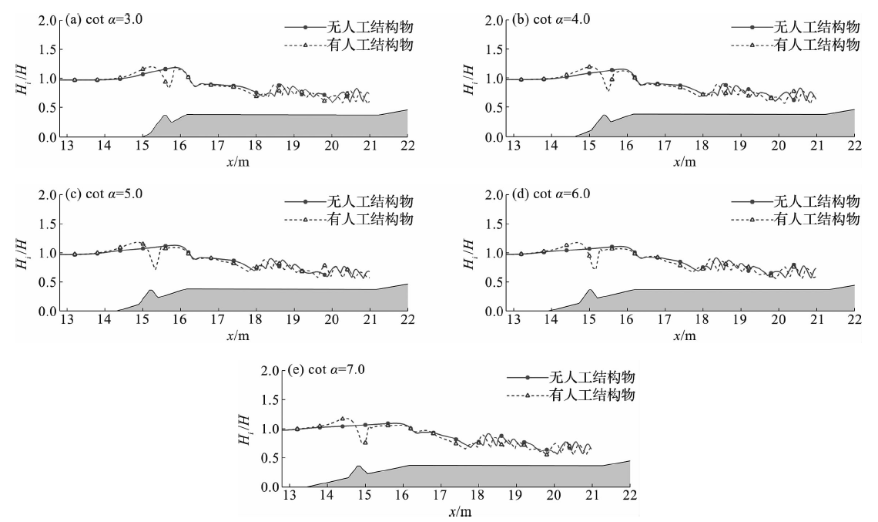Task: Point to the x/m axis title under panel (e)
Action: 458,512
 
